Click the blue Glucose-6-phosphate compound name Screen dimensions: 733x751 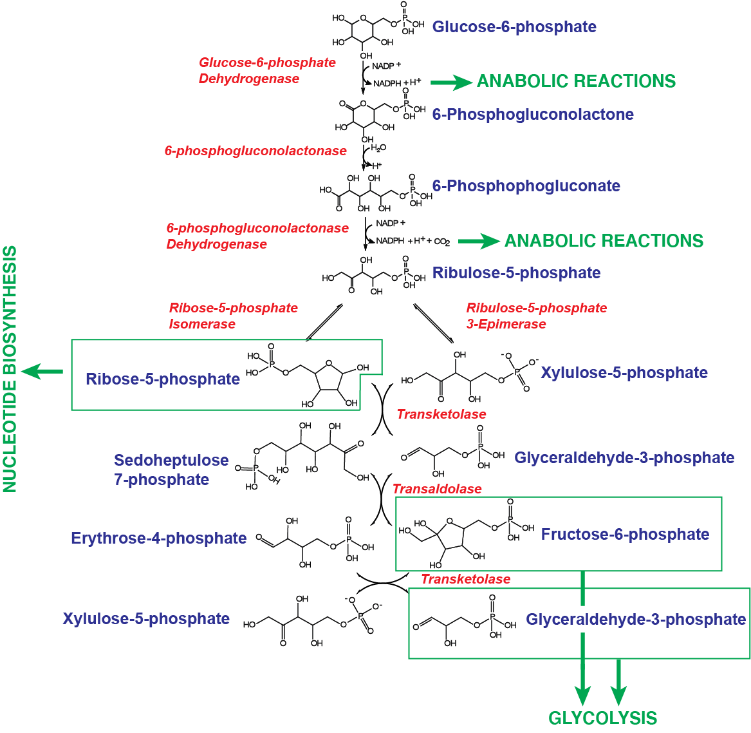(x=514, y=27)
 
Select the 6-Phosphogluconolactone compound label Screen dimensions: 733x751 (x=533, y=115)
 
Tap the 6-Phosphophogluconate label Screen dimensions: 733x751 (x=526, y=186)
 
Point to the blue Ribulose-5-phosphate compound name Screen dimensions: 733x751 (x=516, y=273)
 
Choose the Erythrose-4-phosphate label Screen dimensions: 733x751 (x=158, y=538)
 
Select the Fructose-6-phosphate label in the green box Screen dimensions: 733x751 (x=624, y=535)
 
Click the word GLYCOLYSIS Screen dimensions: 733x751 (x=602, y=718)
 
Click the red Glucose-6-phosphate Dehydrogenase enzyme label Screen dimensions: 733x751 (x=266, y=71)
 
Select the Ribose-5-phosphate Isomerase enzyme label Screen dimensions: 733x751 (x=233, y=316)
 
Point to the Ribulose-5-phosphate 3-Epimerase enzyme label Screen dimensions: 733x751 (x=536, y=316)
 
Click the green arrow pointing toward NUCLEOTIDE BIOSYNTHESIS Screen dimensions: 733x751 (x=42, y=372)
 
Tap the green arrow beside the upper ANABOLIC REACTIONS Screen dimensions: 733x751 (x=450, y=82)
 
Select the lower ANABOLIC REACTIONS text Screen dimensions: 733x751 (x=604, y=241)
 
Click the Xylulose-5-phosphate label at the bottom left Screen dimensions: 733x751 (x=146, y=619)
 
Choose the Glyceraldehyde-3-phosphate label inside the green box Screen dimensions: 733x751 (x=635, y=620)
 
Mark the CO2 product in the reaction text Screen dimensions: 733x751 (x=442, y=242)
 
